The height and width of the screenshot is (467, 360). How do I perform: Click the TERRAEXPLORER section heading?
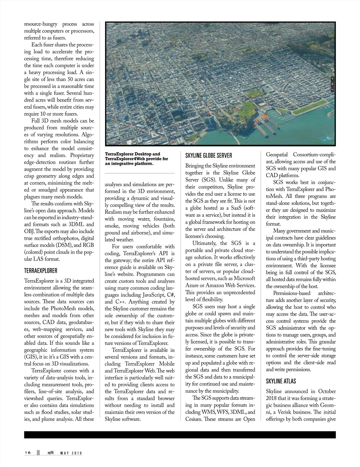coord(40,271)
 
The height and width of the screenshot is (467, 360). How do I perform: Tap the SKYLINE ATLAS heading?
coord(281,381)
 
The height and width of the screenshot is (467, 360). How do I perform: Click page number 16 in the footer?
coord(28,453)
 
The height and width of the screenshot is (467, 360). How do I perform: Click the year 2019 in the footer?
coord(77,453)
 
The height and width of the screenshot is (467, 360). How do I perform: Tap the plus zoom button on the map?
coord(332,84)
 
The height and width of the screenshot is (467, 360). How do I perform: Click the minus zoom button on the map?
coord(332,90)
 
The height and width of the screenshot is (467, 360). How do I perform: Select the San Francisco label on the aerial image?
coord(149,38)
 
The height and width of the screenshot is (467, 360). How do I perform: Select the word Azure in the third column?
coord(194,285)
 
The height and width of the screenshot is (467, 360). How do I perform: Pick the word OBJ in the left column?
coord(29,231)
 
